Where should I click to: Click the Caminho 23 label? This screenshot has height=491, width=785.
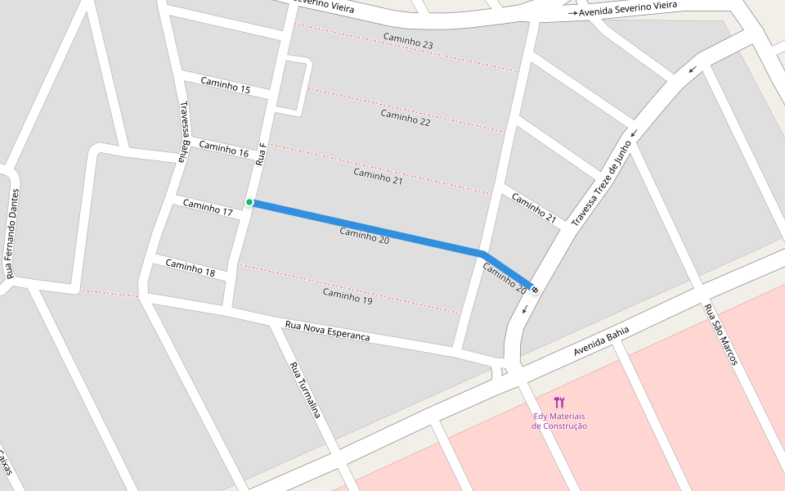(x=408, y=41)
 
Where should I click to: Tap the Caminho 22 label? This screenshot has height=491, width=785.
(x=405, y=118)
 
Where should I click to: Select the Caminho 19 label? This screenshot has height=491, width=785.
(x=348, y=295)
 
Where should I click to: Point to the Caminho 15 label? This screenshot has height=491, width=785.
(x=225, y=84)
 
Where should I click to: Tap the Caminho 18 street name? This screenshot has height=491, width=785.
(x=190, y=267)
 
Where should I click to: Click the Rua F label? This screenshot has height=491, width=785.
(x=261, y=155)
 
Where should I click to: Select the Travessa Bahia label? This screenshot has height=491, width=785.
(x=185, y=132)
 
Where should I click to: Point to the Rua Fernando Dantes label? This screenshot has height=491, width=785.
(x=12, y=233)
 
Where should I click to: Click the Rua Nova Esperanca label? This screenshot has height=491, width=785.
(x=327, y=331)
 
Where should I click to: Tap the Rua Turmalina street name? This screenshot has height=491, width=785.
(x=304, y=390)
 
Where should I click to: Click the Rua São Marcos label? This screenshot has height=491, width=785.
(x=720, y=334)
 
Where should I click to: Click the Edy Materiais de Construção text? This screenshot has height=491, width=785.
(x=559, y=421)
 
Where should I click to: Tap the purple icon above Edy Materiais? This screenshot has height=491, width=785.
(x=559, y=402)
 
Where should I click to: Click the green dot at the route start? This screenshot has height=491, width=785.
(x=249, y=202)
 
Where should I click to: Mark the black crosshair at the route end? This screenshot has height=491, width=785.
(x=534, y=288)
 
